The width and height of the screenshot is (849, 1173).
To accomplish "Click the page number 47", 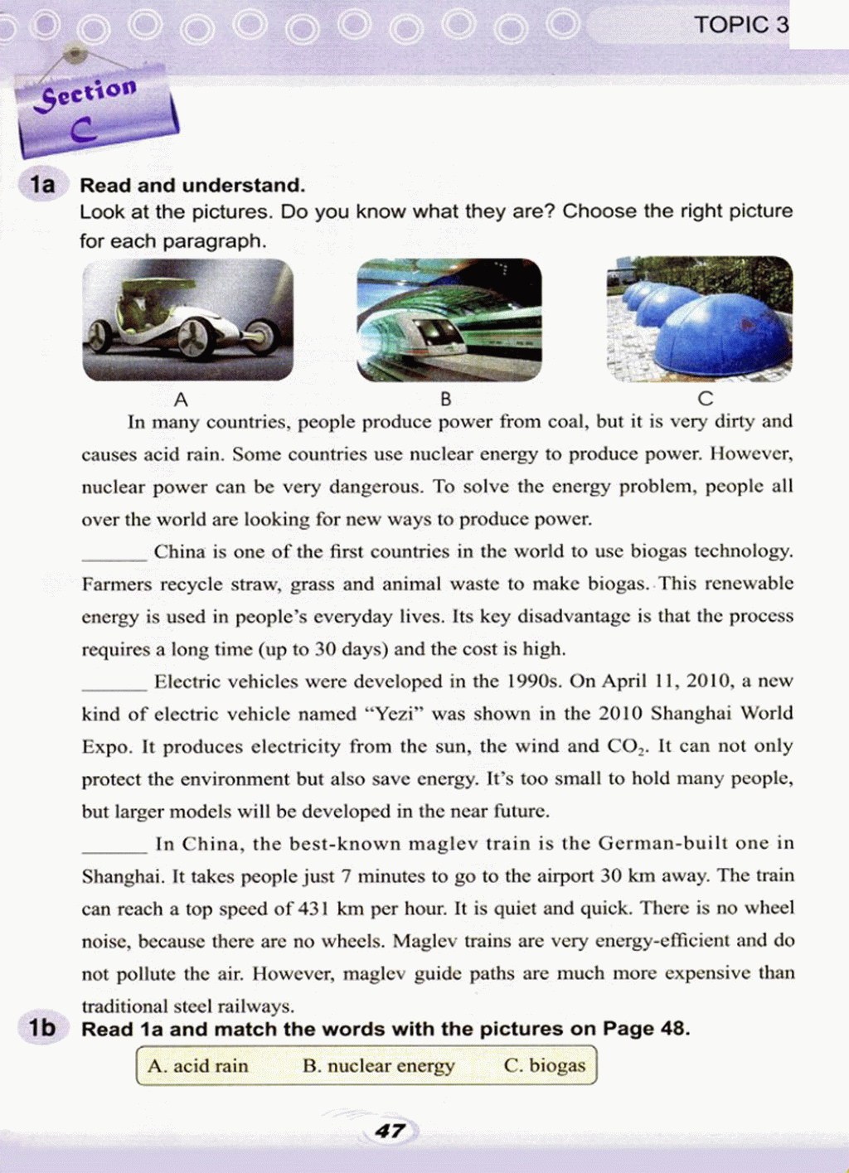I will pyautogui.click(x=391, y=1131).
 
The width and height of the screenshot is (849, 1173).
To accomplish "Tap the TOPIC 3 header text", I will pyautogui.click(x=741, y=25).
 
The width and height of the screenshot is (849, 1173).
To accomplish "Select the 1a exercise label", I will pyautogui.click(x=41, y=184).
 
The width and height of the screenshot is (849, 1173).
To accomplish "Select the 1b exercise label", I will pyautogui.click(x=41, y=1028).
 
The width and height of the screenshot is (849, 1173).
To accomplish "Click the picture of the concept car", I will pyautogui.click(x=187, y=320).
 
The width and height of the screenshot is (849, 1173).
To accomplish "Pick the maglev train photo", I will pyautogui.click(x=449, y=320).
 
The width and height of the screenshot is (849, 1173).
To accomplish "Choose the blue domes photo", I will pyautogui.click(x=699, y=318).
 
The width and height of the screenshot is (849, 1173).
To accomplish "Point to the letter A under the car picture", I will pyautogui.click(x=181, y=400).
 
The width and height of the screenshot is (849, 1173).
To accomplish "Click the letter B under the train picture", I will pyautogui.click(x=446, y=400).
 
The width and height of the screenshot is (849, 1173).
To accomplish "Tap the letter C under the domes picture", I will pyautogui.click(x=705, y=400).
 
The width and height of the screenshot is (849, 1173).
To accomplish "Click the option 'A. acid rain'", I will pyautogui.click(x=198, y=1066).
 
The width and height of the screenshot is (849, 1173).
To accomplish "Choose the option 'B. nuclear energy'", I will pyautogui.click(x=379, y=1066).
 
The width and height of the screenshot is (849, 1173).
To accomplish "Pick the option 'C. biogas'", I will pyautogui.click(x=544, y=1066).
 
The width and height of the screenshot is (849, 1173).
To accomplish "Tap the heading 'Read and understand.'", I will pyautogui.click(x=192, y=185).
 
